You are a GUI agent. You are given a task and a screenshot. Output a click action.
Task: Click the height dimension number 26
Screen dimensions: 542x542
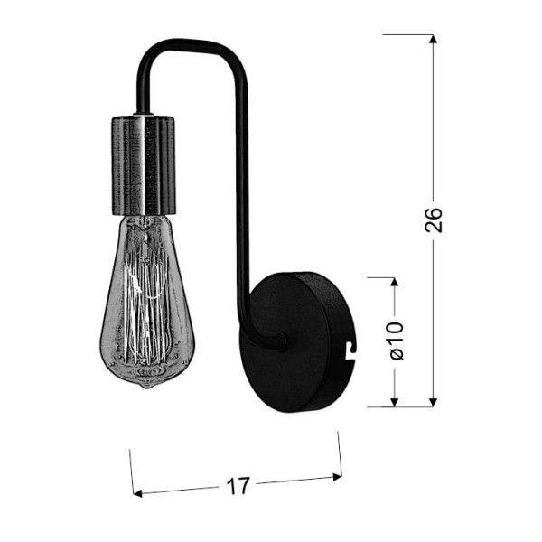435,219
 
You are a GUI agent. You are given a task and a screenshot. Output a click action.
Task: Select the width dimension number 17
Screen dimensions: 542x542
238,486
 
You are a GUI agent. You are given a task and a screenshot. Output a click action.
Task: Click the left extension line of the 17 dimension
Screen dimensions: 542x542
132,470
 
